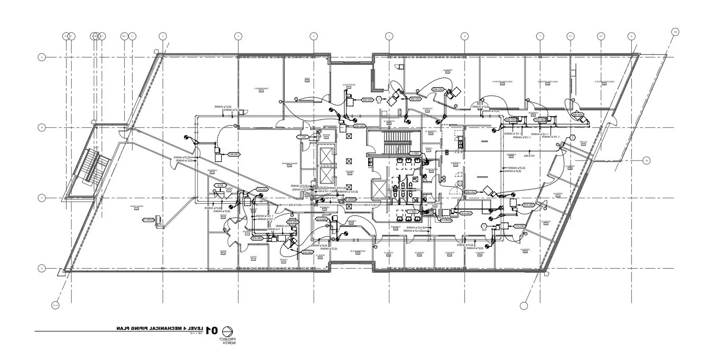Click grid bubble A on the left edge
42,57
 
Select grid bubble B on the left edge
42,127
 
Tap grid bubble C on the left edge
42,198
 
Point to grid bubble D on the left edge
42,269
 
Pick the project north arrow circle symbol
229,330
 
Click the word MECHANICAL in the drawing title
164,328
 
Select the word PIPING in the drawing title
138,328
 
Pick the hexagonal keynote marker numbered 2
572,138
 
